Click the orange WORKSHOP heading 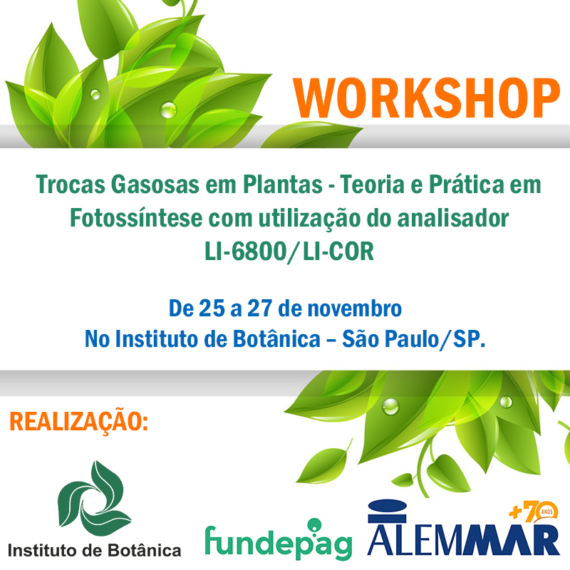tap(426, 98)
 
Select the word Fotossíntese tap(136, 218)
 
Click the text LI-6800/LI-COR tap(289, 252)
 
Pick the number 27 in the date tap(260, 309)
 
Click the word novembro tap(354, 309)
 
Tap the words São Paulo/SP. tap(414, 339)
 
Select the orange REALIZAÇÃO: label tap(78, 422)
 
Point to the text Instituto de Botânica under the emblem tap(95, 550)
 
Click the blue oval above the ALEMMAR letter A tap(387, 505)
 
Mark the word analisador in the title tap(453, 218)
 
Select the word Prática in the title tap(467, 184)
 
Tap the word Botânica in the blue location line tap(276, 338)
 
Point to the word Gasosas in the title tap(155, 185)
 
